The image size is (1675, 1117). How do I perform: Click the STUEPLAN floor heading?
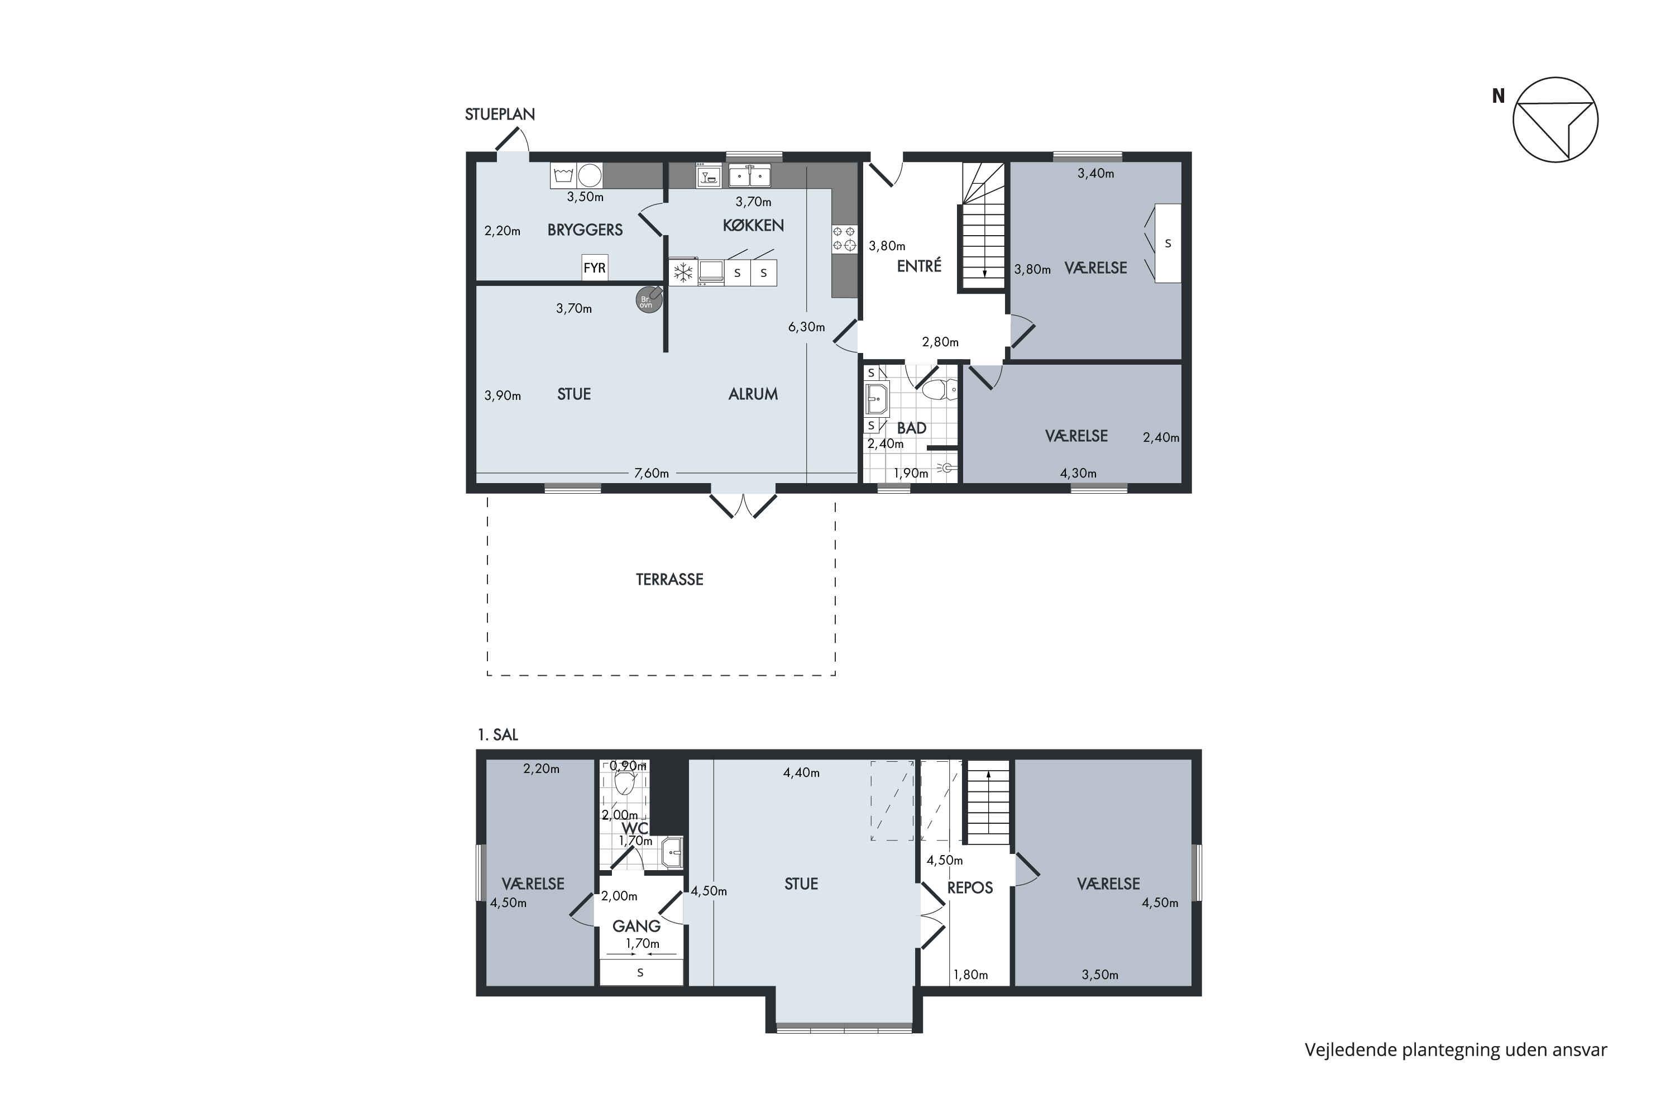pos(499,114)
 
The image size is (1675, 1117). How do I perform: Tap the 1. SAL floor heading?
pos(498,734)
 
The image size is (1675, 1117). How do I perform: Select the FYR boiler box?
pos(595,268)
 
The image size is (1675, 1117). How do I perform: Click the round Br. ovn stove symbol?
pos(649,300)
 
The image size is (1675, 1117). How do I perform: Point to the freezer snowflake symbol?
pos(683,272)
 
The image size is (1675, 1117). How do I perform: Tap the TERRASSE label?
pos(669,580)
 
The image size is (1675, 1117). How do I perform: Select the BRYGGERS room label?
pos(585,230)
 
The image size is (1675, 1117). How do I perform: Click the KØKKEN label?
pos(753,225)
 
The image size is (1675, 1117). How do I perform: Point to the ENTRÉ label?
pos(918,266)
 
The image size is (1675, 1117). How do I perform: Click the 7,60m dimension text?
pos(652,473)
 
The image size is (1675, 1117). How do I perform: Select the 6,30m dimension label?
pos(806,327)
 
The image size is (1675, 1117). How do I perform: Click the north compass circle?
pos(1556,120)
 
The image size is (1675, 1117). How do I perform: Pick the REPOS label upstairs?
pos(970,887)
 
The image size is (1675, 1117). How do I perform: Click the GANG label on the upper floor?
pos(636,926)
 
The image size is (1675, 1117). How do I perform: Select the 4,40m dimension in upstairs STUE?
pos(801,772)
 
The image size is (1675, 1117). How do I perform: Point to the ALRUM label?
pos(753,394)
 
